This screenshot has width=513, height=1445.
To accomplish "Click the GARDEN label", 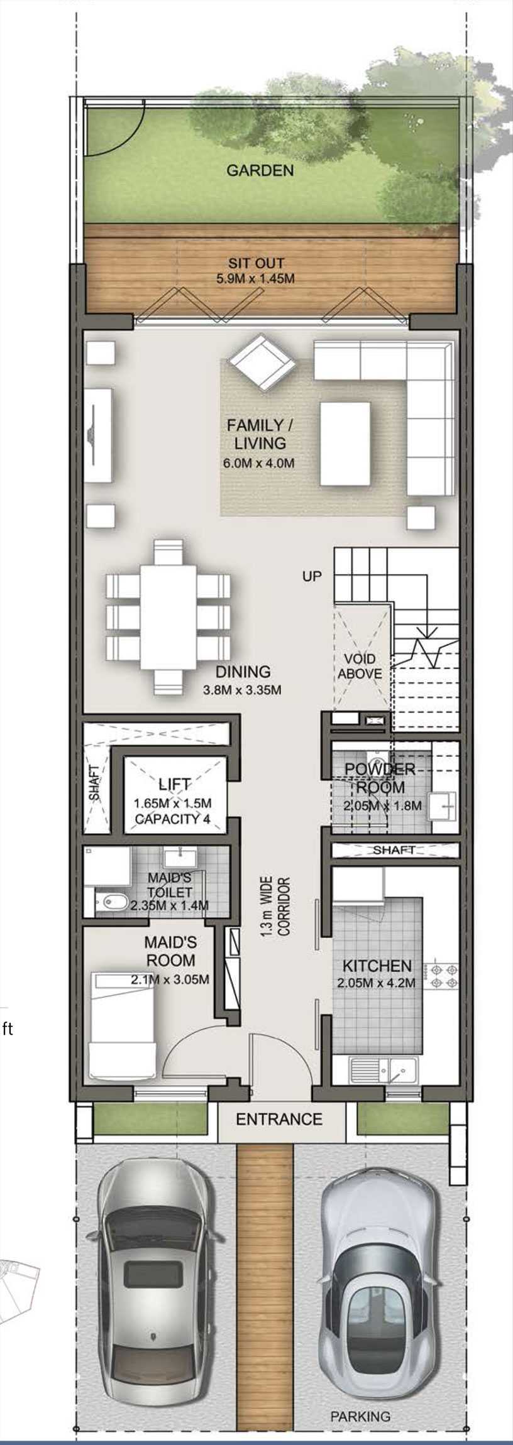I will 260,170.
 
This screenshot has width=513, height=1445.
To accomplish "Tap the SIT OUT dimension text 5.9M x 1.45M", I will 255,279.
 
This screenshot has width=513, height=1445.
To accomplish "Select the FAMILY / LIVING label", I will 260,433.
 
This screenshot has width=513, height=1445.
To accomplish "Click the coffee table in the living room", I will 345,444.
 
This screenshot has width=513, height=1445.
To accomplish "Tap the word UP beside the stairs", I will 312,575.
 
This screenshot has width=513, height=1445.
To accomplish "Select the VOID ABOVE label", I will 360,666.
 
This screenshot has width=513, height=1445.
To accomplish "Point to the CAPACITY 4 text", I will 172,819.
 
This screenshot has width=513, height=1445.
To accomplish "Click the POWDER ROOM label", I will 380,777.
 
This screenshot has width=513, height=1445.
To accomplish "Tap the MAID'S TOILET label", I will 170,884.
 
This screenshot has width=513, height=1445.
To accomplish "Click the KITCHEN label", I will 377,966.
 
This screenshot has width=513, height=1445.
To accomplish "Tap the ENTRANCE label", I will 279,1119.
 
